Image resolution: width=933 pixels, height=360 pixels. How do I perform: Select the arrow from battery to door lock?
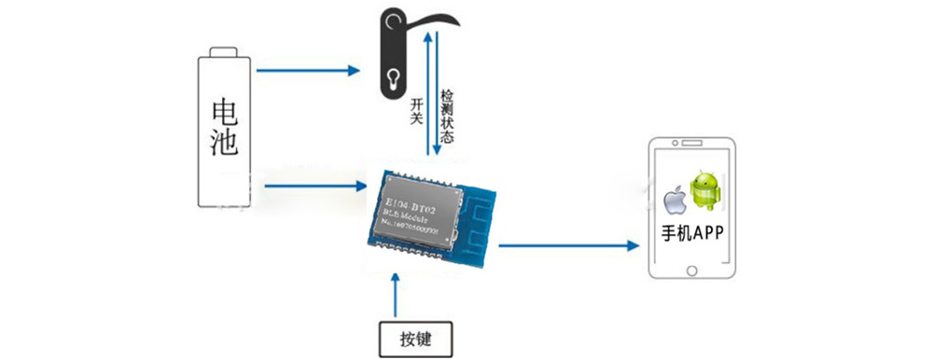click(308, 69)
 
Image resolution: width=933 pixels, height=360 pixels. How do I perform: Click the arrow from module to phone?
click(569, 245)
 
